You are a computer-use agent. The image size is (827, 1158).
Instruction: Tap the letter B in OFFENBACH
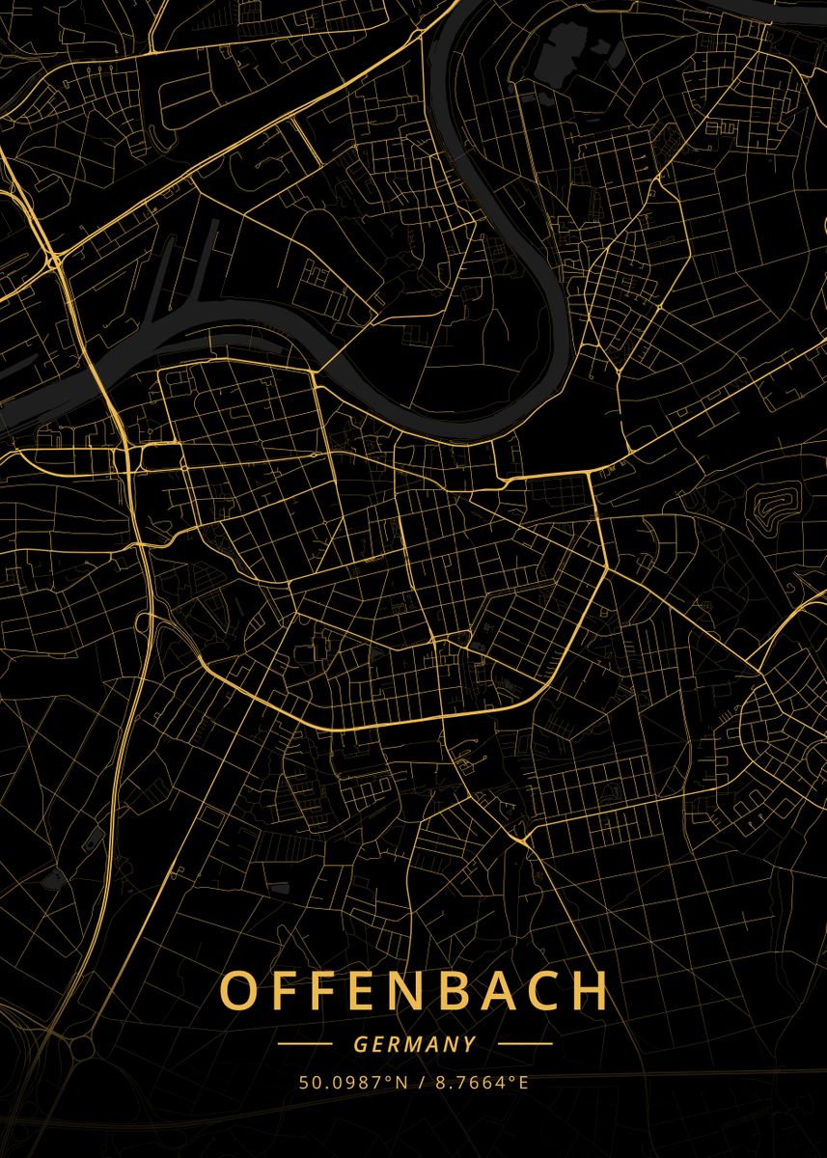point(440,990)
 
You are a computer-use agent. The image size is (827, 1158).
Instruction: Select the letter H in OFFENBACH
point(591,990)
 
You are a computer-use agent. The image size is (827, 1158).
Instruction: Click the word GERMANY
point(414,1044)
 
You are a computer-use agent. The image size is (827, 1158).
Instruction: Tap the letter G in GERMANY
point(359,1044)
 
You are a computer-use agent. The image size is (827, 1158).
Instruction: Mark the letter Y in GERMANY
point(470,1044)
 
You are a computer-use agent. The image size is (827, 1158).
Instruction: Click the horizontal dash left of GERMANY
point(304,1043)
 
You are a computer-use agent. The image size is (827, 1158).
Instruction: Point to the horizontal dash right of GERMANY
point(525,1043)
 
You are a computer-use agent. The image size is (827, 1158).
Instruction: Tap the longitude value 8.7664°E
point(481,1082)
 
